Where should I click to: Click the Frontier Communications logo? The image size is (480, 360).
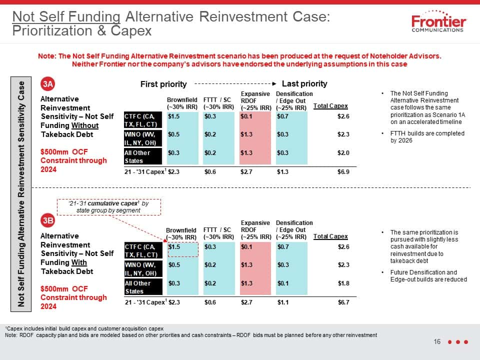coord(438,21)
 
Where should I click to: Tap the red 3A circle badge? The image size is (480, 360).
coord(48,84)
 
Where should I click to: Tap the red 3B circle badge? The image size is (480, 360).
coord(48,220)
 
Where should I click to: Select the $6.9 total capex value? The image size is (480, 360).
coord(343,171)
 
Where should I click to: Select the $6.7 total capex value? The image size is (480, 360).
coord(343,302)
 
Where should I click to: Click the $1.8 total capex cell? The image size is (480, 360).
coord(343,283)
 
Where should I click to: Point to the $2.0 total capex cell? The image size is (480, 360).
coord(343,153)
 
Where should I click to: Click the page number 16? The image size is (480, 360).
coord(437,341)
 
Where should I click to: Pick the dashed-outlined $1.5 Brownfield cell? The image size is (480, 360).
coord(183,249)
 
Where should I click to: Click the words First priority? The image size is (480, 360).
coord(163,84)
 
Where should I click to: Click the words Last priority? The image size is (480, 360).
coord(304,83)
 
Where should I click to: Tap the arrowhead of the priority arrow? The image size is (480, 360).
coord(274,83)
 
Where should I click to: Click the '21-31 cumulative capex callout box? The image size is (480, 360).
coord(109,207)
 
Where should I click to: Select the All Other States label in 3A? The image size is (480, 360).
coord(143,156)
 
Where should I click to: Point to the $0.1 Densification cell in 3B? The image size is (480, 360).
coord(283,283)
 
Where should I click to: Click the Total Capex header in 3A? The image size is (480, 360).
coord(330,106)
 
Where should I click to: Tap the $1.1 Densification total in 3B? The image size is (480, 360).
coord(283,302)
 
